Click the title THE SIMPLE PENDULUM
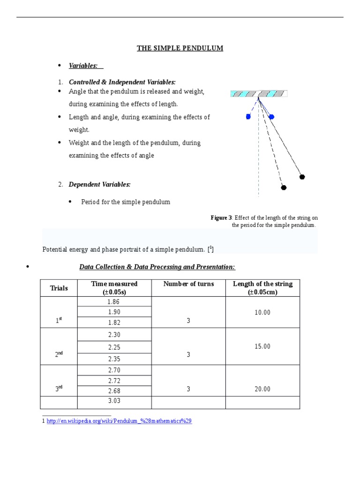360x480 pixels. [180, 48]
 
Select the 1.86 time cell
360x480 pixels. [114, 302]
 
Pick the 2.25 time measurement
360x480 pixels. [114, 347]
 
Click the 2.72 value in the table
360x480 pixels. [114, 381]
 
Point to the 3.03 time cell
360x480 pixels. [114, 401]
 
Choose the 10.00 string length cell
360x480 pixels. [262, 313]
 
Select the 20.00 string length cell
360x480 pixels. [262, 389]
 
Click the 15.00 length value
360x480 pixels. [262, 346]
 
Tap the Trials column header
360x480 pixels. [59, 288]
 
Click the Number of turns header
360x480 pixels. [188, 284]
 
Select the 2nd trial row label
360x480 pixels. [59, 355]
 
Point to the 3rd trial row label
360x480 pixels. [59, 389]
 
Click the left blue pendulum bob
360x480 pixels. [248, 117]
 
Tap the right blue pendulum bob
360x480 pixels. [271, 117]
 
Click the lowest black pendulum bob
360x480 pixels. [284, 187]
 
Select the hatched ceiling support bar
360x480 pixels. [259, 94]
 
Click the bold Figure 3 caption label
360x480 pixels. [221, 218]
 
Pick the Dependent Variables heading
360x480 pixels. [99, 185]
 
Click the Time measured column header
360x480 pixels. [114, 288]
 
